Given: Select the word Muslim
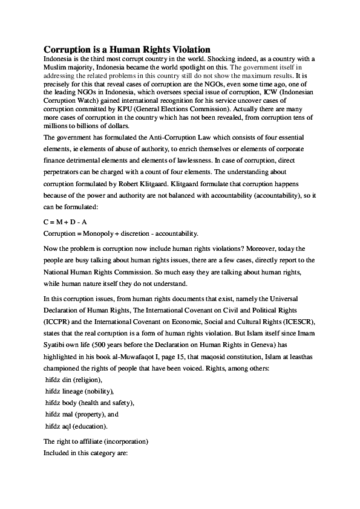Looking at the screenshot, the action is click(x=57, y=67).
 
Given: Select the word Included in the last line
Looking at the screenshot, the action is click(x=58, y=453).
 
